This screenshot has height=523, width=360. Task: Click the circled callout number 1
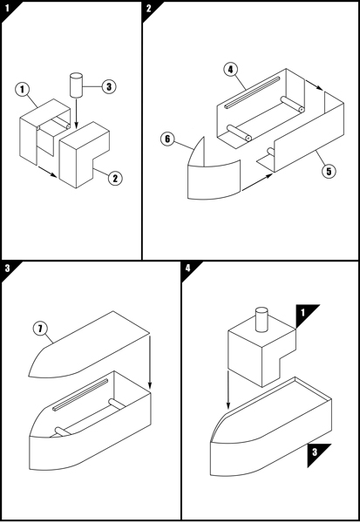[23, 90]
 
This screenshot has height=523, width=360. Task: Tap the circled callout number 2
[115, 178]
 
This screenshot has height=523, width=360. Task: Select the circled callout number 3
[109, 86]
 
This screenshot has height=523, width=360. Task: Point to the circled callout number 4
[230, 70]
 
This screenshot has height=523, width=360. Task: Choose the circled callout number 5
[329, 171]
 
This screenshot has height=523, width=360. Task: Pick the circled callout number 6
[167, 139]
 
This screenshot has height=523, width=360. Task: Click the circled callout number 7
[40, 329]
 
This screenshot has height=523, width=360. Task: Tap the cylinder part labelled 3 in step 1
[76, 85]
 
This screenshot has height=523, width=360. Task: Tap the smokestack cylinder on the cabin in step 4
[262, 320]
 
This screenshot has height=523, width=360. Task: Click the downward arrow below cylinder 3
[76, 113]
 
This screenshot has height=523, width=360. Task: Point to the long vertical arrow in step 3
[150, 363]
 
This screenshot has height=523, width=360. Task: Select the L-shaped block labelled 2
[84, 154]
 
